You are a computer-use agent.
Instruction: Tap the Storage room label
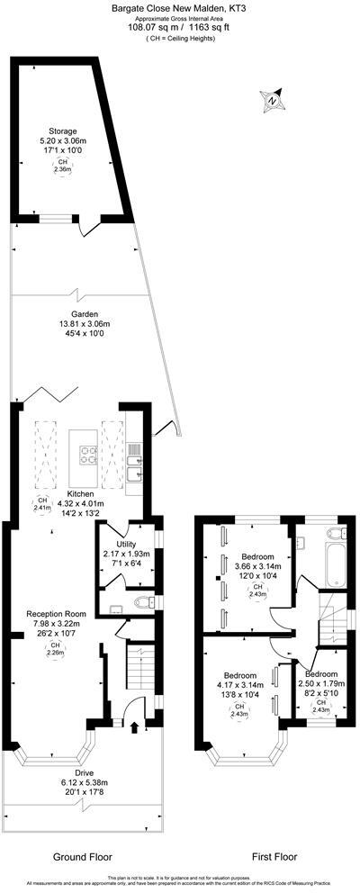62,131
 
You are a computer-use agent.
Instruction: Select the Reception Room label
55,613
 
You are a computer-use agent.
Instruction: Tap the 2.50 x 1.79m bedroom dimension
321,684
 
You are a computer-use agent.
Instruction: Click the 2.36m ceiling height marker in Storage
62,167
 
